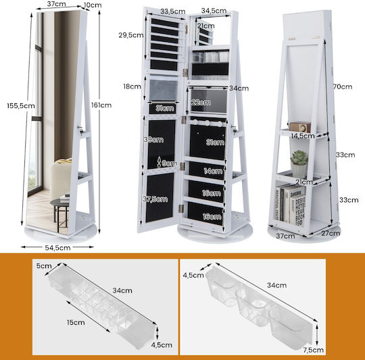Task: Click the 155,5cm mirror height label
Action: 21,106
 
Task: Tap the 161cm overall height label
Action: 101,105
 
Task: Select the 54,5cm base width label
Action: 57,248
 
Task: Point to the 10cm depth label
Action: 93,5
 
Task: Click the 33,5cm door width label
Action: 173,11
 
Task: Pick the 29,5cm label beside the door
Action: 131,35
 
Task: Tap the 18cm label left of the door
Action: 132,86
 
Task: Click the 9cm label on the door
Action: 170,163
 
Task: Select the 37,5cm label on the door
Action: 155,199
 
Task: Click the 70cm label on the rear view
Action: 343,86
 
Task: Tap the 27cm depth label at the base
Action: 331,233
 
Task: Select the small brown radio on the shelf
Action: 300,127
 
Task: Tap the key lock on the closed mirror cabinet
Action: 80,130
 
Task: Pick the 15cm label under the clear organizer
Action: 76,323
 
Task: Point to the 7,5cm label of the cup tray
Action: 314,350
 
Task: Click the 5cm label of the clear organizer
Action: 44,266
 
